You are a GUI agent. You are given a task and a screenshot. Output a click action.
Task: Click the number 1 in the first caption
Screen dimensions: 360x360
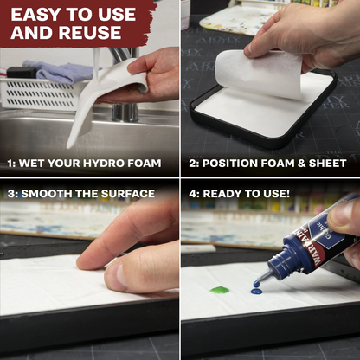click(10, 163)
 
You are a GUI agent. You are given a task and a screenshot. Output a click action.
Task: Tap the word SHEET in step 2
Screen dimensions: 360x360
click(326, 163)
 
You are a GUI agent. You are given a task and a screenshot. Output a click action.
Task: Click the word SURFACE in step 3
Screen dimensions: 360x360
click(125, 194)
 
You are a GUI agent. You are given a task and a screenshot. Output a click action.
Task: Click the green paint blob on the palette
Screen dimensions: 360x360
click(220, 290)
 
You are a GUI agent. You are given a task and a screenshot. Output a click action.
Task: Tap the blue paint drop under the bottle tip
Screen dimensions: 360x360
click(256, 291)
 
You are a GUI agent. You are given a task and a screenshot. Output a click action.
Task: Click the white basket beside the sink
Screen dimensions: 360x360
click(39, 93)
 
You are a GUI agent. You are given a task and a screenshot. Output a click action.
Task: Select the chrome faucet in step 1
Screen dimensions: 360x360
click(121, 82)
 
